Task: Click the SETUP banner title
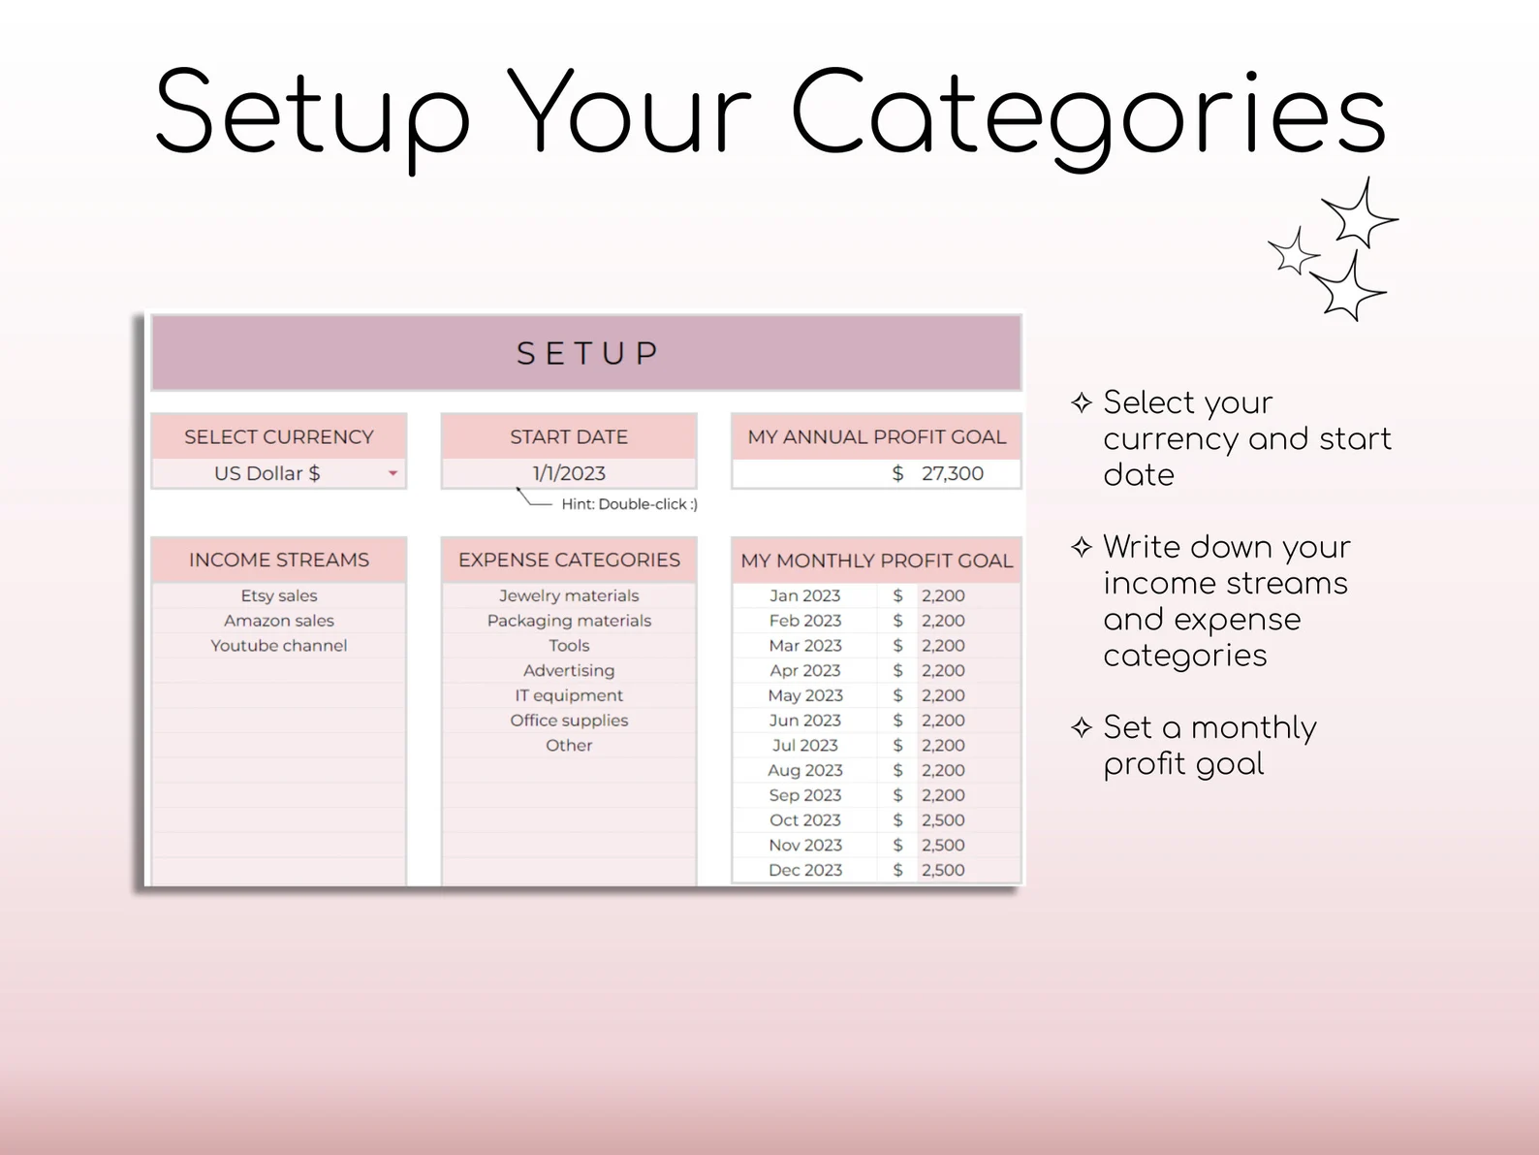(x=587, y=353)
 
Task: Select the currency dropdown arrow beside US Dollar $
(x=393, y=473)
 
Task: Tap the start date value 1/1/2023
(x=569, y=473)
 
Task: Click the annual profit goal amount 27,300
(x=952, y=473)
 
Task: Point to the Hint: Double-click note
(x=629, y=504)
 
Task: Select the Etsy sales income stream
(x=279, y=595)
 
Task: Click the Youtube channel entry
(x=279, y=645)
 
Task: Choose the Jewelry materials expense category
(x=569, y=595)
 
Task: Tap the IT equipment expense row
(x=569, y=695)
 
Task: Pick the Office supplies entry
(x=569, y=721)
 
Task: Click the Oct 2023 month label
(x=805, y=819)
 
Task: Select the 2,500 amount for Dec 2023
(x=943, y=870)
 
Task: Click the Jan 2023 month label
(x=805, y=595)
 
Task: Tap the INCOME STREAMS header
(x=279, y=560)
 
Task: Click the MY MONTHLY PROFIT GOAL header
(x=876, y=561)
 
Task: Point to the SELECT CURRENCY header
(x=279, y=437)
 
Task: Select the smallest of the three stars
(x=1295, y=252)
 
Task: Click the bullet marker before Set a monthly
(x=1082, y=727)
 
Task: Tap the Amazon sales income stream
(x=279, y=621)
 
